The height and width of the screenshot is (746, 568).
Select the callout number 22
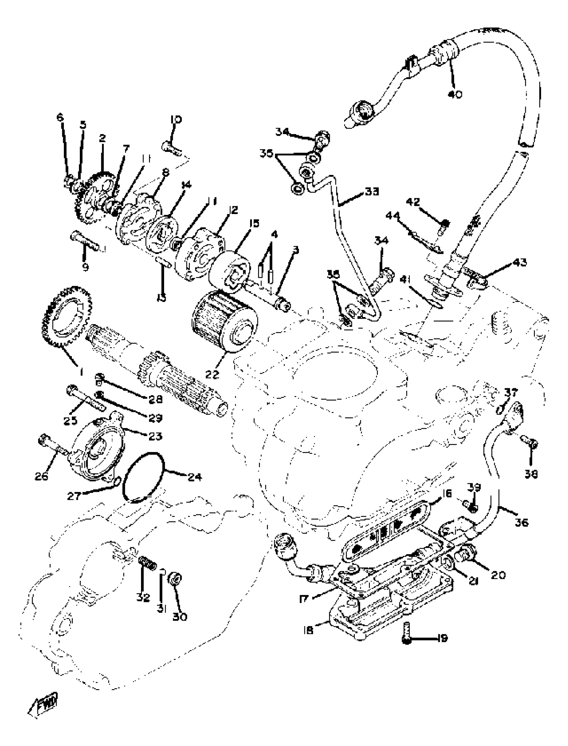212,375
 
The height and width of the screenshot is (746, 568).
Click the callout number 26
41,476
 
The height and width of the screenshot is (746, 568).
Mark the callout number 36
521,522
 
